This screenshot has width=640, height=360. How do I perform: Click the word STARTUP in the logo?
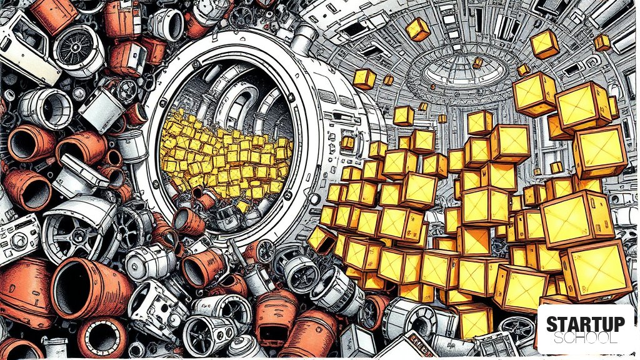(x=585, y=324)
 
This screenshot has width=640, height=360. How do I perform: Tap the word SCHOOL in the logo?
(x=585, y=338)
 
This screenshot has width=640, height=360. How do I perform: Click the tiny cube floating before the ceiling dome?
(x=477, y=63)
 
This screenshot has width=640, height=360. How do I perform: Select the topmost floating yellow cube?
(x=417, y=29)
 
